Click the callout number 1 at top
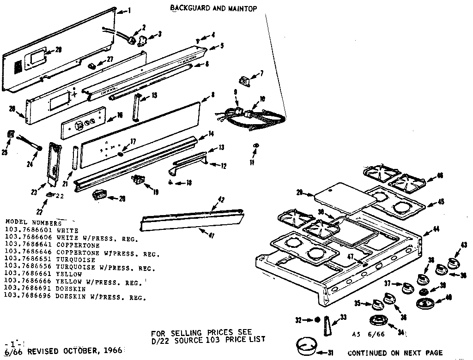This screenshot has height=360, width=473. (129, 12)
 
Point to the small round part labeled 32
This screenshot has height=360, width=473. (317, 319)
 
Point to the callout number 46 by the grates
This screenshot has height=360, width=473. (439, 175)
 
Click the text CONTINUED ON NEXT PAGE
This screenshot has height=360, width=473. (394, 353)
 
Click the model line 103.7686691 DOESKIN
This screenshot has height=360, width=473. (38, 289)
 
